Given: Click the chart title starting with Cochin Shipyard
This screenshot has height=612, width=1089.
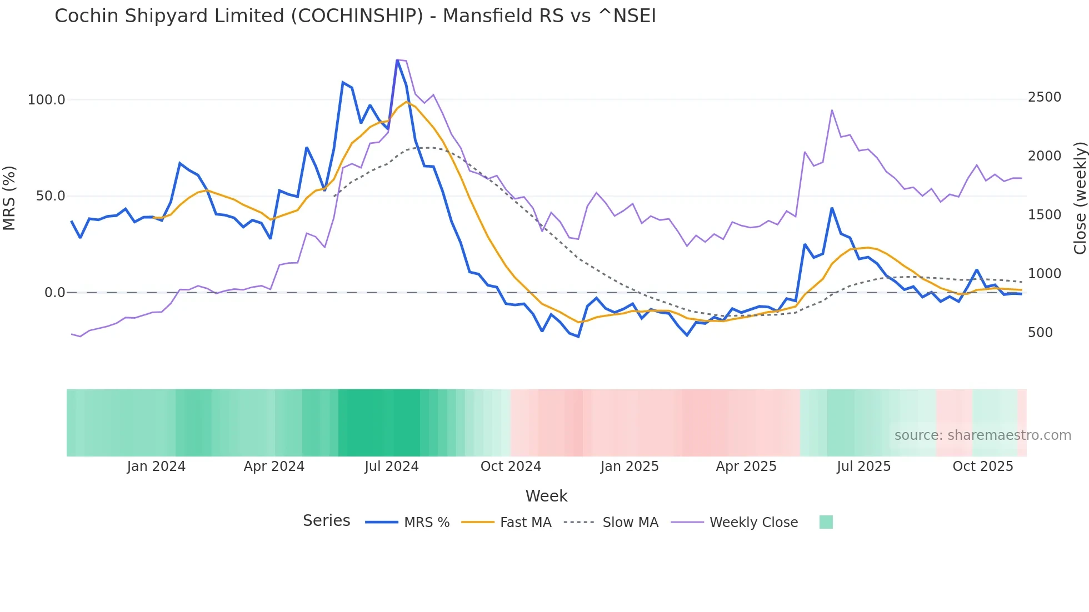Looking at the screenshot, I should pyautogui.click(x=355, y=16).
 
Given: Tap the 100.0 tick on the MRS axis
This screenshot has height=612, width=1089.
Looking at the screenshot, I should pyautogui.click(x=47, y=100).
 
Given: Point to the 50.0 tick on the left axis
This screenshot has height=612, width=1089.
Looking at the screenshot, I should pyautogui.click(x=51, y=196).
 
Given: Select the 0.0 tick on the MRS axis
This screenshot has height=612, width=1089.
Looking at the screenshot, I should pyautogui.click(x=54, y=293).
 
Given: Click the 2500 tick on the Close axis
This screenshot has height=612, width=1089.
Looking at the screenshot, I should pyautogui.click(x=1044, y=97).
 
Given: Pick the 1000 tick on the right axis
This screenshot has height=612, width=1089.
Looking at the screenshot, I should pyautogui.click(x=1044, y=274).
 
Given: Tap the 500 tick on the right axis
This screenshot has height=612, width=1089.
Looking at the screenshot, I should pyautogui.click(x=1040, y=333).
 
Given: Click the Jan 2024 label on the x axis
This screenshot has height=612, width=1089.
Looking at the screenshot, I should pyautogui.click(x=156, y=466).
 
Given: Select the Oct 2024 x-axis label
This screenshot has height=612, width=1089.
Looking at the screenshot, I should pyautogui.click(x=511, y=466).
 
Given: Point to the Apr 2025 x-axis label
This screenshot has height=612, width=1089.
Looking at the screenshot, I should pyautogui.click(x=746, y=466).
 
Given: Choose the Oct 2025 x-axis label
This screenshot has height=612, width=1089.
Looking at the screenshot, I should pyautogui.click(x=982, y=466).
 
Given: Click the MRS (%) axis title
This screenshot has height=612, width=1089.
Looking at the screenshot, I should pyautogui.click(x=9, y=198).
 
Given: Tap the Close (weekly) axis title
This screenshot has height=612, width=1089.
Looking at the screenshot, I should pyautogui.click(x=1080, y=198).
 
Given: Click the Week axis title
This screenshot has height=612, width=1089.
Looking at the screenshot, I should pyautogui.click(x=546, y=496).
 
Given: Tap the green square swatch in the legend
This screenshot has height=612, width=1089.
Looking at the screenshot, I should pyautogui.click(x=826, y=522).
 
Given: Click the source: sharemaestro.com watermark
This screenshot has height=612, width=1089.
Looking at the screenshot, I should pyautogui.click(x=982, y=435).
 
